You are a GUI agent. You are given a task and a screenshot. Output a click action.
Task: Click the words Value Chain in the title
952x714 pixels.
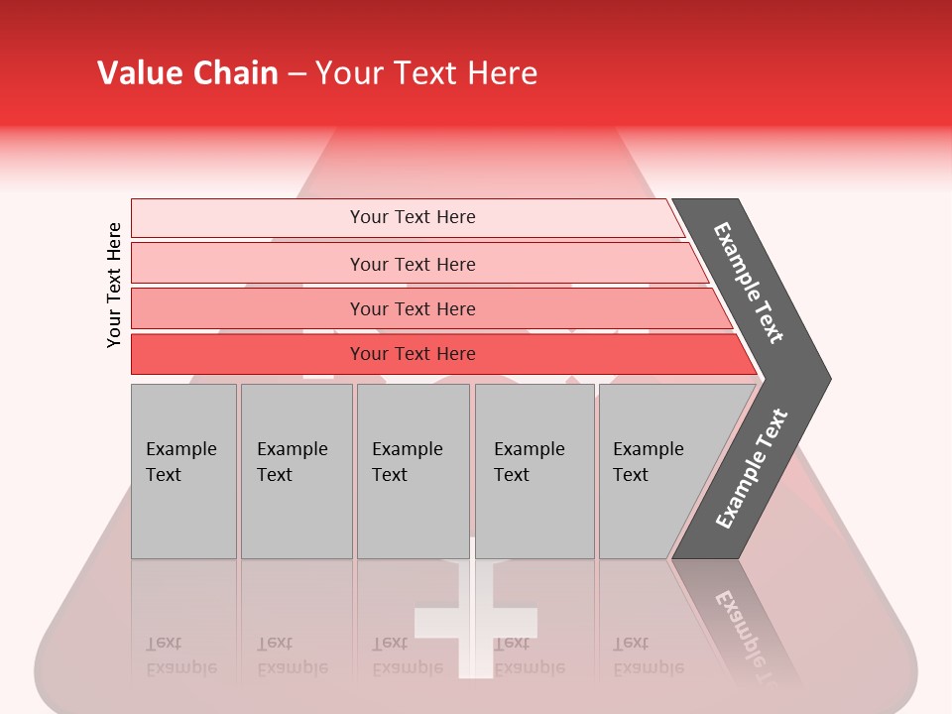pyautogui.click(x=187, y=73)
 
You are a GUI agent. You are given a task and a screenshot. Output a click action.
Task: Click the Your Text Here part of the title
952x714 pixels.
pyautogui.click(x=426, y=73)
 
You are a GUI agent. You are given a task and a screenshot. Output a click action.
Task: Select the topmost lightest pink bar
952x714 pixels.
pyautogui.click(x=248, y=218)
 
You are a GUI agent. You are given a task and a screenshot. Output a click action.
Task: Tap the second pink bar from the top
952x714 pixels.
pyautogui.click(x=248, y=264)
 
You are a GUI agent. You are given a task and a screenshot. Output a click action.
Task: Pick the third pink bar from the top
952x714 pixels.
pyautogui.click(x=248, y=308)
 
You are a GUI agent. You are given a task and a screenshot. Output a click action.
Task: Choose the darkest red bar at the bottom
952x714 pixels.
pyautogui.click(x=248, y=354)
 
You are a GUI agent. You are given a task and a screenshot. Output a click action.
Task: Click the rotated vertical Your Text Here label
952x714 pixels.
pyautogui.click(x=114, y=285)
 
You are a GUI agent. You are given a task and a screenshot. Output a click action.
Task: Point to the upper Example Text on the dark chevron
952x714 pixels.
pyautogui.click(x=749, y=283)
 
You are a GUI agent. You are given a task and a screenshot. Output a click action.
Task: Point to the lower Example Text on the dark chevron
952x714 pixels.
pyautogui.click(x=752, y=469)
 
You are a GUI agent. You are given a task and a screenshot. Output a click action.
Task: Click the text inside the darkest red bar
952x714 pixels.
pyautogui.click(x=413, y=354)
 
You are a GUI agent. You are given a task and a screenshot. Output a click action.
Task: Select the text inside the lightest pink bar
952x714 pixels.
pyautogui.click(x=413, y=217)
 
